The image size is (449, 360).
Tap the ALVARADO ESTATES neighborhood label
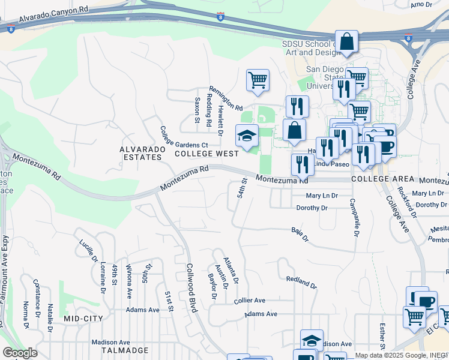[x=140, y=153]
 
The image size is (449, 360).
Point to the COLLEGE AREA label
[x=383, y=179]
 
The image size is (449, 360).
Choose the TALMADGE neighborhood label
[x=124, y=350]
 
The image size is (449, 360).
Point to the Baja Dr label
[x=300, y=235]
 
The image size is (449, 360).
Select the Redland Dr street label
[x=301, y=280]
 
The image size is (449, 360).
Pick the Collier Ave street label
[x=249, y=300]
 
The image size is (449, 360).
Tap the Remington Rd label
[x=225, y=97]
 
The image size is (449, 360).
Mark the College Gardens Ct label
[x=183, y=137]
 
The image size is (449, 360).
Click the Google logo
[x=20, y=353]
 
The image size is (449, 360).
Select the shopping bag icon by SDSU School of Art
[x=347, y=42]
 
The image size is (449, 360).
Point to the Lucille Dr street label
[x=88, y=251]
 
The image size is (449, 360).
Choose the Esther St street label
[x=382, y=336]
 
